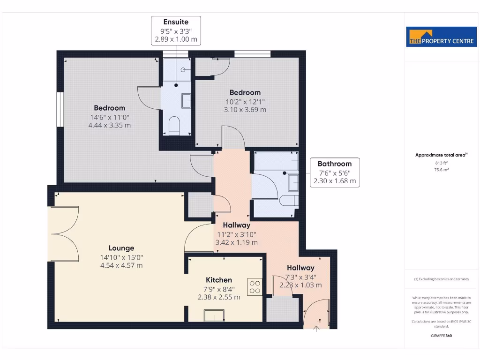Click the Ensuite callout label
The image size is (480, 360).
[176, 22]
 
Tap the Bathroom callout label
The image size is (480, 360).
[335, 164]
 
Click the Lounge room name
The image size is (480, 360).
[121, 248]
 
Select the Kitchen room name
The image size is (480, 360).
[217, 280]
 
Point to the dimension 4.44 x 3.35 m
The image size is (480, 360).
[109, 125]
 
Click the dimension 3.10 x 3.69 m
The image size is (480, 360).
[245, 110]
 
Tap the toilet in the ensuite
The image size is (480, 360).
[174, 126]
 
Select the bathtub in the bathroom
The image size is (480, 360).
[276, 162]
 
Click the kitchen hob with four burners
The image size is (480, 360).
[255, 287]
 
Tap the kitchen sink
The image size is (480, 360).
[214, 315]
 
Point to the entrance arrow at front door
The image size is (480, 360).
[316, 329]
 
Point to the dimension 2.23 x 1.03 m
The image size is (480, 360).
[300, 285]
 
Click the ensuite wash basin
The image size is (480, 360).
[187, 100]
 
